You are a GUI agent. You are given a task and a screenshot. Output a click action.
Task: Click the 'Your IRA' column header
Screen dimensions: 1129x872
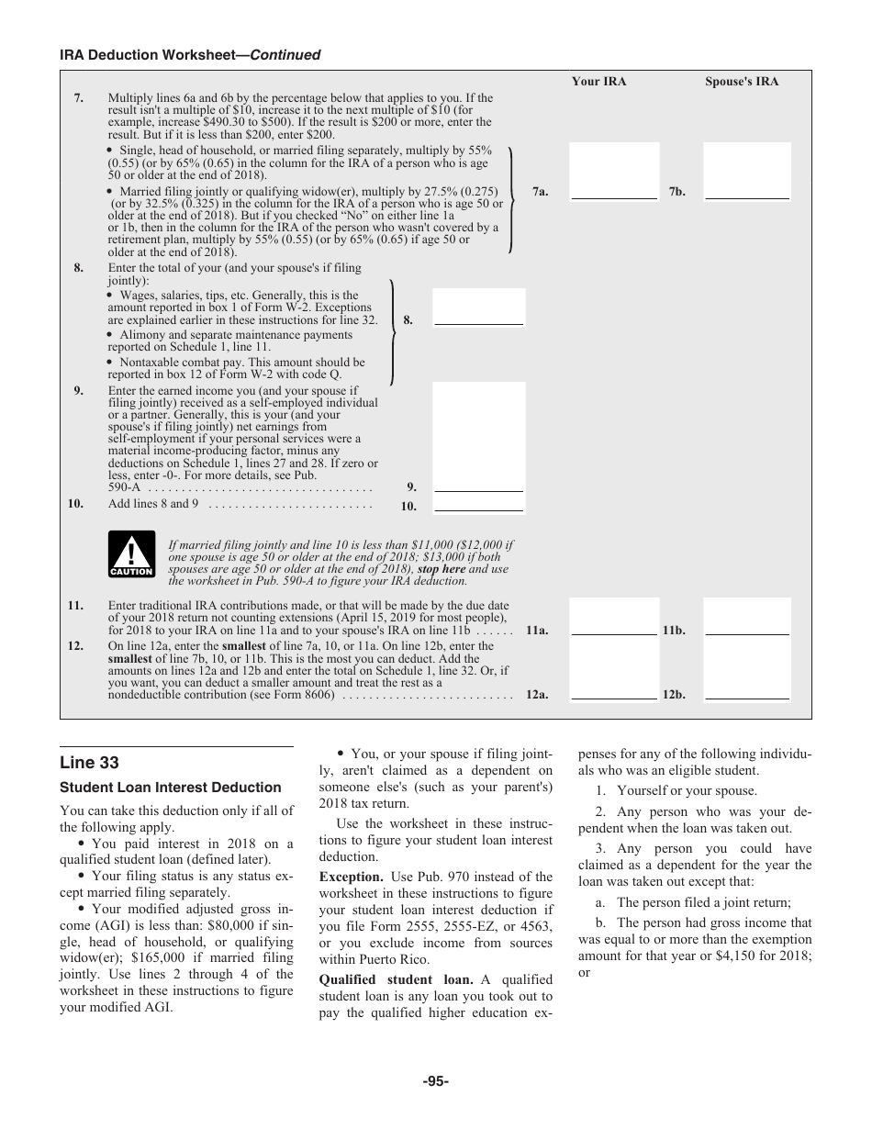coord(598,82)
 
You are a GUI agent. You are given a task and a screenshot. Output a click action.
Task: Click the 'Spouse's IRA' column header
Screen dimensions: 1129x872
coord(741,82)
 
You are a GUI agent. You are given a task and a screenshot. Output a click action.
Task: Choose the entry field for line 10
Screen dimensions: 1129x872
coord(478,504)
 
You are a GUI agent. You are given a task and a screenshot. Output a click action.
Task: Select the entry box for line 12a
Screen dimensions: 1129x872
coord(614,670)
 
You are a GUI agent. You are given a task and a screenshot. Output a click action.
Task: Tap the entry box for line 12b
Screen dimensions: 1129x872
coord(746,670)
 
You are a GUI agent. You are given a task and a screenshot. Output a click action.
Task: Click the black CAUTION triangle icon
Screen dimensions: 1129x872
coord(131,554)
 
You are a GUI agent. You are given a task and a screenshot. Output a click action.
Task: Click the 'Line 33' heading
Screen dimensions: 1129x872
coord(89,763)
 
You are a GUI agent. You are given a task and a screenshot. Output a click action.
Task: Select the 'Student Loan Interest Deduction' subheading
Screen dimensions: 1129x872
coord(171,788)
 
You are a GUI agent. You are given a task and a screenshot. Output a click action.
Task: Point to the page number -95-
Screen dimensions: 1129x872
coord(435,1081)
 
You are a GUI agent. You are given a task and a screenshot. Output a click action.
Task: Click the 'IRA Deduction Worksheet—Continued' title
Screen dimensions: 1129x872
coord(190,55)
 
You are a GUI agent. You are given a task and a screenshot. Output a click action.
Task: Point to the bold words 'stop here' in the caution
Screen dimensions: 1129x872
coord(442,569)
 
